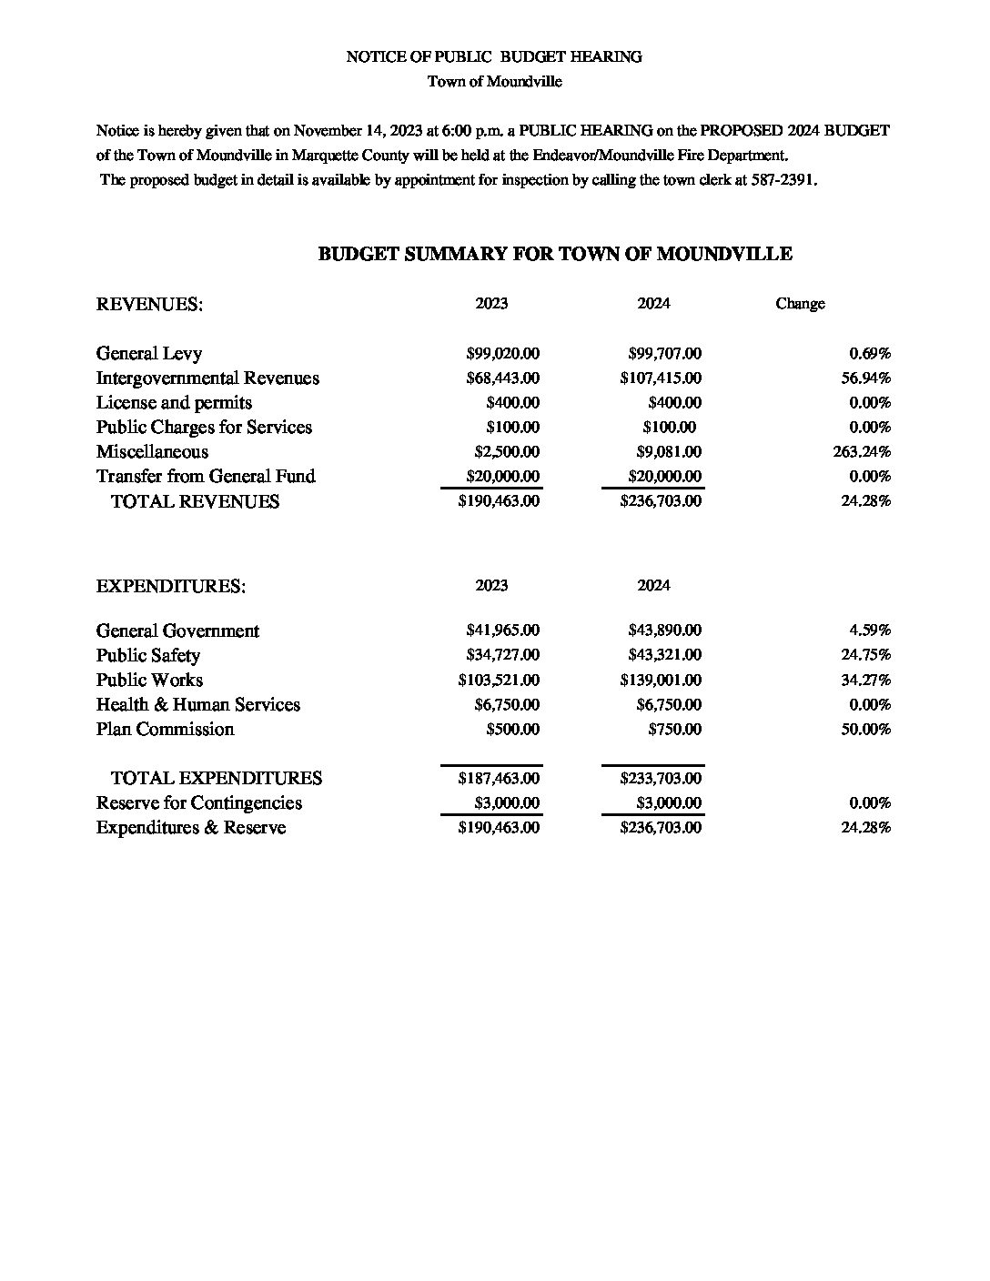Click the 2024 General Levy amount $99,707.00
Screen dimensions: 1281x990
[x=664, y=354]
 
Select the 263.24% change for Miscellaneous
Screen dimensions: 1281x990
[x=862, y=452]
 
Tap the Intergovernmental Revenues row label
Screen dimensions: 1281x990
[x=207, y=378]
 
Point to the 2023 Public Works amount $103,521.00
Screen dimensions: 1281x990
[x=499, y=681]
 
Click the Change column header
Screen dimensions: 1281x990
[x=800, y=304]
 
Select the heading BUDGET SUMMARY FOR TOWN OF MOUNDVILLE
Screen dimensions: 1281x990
[x=555, y=255]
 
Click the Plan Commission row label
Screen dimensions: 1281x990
[x=165, y=730]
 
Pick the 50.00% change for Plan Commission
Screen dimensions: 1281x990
[x=865, y=730]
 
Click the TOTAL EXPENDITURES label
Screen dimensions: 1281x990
[x=217, y=779]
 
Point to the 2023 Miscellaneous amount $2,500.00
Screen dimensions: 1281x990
[x=507, y=452]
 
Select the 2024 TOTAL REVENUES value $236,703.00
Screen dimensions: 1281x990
[x=661, y=501]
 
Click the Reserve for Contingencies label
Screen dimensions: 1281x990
[x=199, y=803]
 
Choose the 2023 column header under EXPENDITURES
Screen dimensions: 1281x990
[x=491, y=586]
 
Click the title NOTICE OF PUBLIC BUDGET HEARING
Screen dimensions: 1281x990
[x=494, y=57]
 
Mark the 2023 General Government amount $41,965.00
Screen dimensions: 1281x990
[x=502, y=630]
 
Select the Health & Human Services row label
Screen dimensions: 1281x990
[x=198, y=705]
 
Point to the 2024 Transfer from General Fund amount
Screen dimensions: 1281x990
[x=664, y=477]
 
